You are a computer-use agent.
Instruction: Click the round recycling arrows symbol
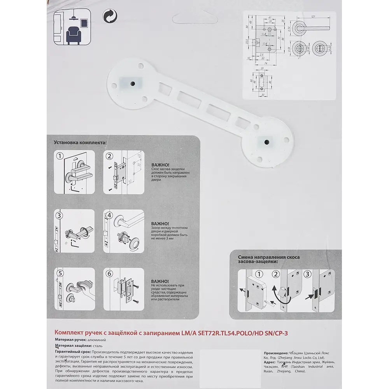[x=110, y=16]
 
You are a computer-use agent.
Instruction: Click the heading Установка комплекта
[x=80, y=143]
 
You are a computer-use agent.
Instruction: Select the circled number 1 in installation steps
[x=60, y=156]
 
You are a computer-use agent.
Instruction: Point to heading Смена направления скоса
[x=268, y=257]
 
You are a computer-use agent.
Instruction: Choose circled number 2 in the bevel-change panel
[x=276, y=273]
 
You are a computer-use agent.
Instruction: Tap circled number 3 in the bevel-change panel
[x=308, y=273]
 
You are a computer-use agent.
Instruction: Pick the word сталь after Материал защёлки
[x=98, y=345]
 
